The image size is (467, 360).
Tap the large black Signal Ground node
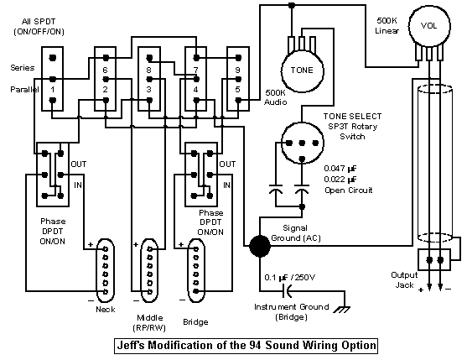(260, 246)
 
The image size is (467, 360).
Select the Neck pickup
(106, 270)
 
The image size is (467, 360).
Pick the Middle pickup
(149, 270)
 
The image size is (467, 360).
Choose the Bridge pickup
(195, 270)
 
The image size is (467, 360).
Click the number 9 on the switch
(237, 70)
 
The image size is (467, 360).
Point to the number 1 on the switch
(53, 90)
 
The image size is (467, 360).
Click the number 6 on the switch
(105, 70)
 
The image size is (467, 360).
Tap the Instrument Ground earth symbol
(341, 310)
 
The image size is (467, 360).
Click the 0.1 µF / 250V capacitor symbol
(287, 290)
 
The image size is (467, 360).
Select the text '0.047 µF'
(340, 169)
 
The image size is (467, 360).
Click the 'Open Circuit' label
(349, 190)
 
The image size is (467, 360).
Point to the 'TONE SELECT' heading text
(352, 117)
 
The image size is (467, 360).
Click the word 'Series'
(23, 68)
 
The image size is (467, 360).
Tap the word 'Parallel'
(24, 90)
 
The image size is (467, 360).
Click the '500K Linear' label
(387, 26)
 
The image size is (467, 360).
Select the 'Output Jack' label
(404, 280)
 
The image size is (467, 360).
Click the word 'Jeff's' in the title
(131, 346)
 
